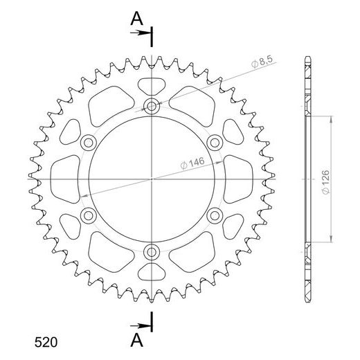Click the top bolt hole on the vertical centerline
coord(152,106)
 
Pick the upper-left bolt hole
coord(89,143)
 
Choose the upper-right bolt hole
coord(215,143)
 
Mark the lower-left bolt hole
coord(89,215)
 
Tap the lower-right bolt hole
coord(215,215)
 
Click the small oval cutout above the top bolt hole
coord(152,87)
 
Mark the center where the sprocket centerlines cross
coord(152,179)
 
